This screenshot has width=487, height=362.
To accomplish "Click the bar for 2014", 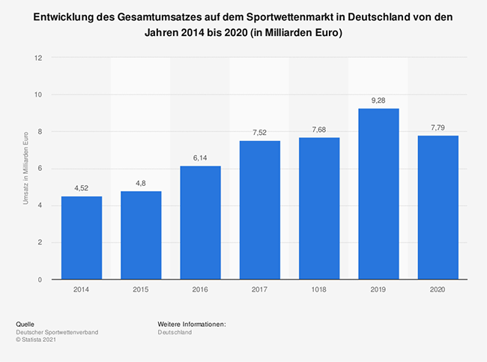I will point(81,238).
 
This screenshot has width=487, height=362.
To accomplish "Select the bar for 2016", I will point(200,223).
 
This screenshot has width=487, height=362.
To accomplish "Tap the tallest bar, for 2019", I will point(378,194).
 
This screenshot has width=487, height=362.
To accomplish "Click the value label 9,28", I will point(378,100).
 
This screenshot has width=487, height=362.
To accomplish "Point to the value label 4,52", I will point(81,187).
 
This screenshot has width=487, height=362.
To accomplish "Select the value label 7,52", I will point(259,132).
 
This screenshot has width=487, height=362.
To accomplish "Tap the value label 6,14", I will point(200,157).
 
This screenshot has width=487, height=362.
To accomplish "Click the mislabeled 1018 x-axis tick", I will point(318,289).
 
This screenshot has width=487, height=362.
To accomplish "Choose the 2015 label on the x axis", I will point(141,289).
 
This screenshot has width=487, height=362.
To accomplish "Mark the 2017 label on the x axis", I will point(259,289).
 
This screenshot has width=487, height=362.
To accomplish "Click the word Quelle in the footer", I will point(25,323).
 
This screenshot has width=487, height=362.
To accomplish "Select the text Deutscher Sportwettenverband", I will point(58,331).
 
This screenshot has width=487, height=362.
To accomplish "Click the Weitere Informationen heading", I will point(192,323).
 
